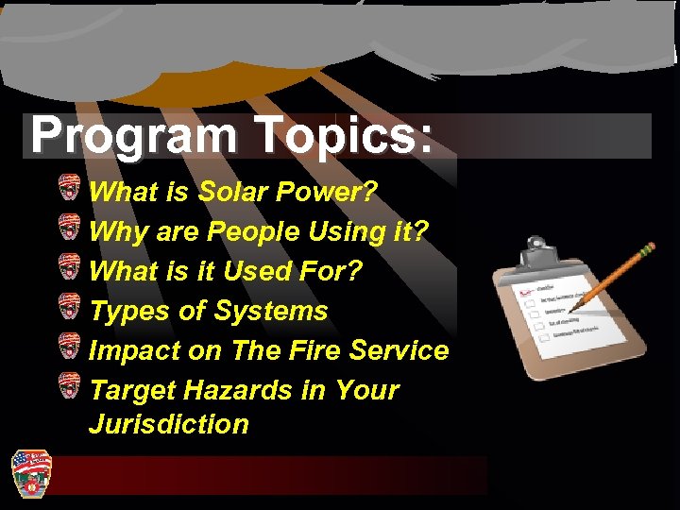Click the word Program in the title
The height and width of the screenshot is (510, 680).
tap(133, 136)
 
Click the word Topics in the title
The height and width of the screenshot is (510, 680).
tap(334, 136)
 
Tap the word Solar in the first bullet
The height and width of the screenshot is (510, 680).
tap(233, 193)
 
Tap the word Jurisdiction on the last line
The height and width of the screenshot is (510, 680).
tap(168, 424)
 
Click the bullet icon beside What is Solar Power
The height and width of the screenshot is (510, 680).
tap(69, 187)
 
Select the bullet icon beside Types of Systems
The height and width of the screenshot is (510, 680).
tap(69, 306)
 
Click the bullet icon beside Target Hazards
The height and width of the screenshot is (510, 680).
tap(69, 385)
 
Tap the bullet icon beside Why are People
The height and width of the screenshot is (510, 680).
tap(69, 227)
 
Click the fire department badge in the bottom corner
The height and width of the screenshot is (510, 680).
tap(30, 472)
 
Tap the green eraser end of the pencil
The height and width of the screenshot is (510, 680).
tap(649, 249)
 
